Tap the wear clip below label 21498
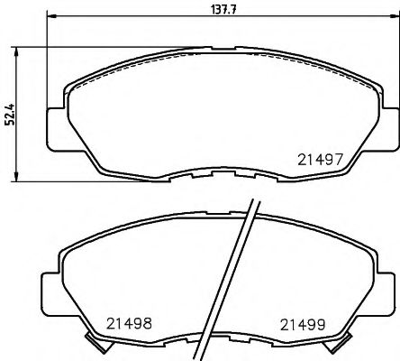(92, 340)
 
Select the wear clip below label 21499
(341, 340)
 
